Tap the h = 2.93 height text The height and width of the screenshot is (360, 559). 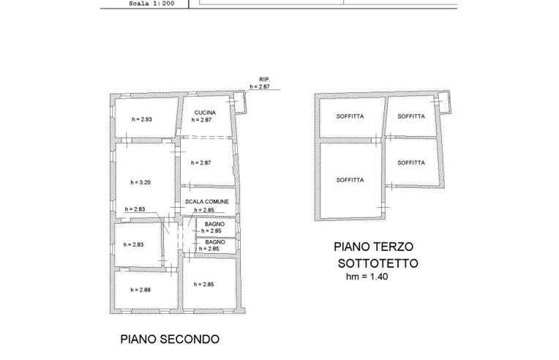pos(141,119)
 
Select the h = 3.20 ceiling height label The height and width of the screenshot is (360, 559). pos(140,182)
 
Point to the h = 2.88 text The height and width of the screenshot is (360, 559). pos(140,290)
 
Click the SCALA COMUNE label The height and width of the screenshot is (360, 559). pos(207,201)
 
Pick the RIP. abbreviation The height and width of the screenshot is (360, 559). pos(264,79)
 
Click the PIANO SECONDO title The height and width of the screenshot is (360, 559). pos(169,340)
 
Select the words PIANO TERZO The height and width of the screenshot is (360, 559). pos(374,247)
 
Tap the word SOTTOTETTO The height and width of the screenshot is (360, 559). pos(377,263)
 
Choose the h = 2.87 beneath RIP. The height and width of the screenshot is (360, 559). pos(260,86)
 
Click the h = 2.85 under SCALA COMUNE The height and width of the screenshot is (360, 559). pos(204,211)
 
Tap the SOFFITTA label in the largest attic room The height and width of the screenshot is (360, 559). pos(350,179)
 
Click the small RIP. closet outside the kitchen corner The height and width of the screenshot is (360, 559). pos(241,102)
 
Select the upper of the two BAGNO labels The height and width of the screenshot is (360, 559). pos(214,225)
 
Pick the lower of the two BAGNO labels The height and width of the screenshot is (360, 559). pos(214,241)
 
